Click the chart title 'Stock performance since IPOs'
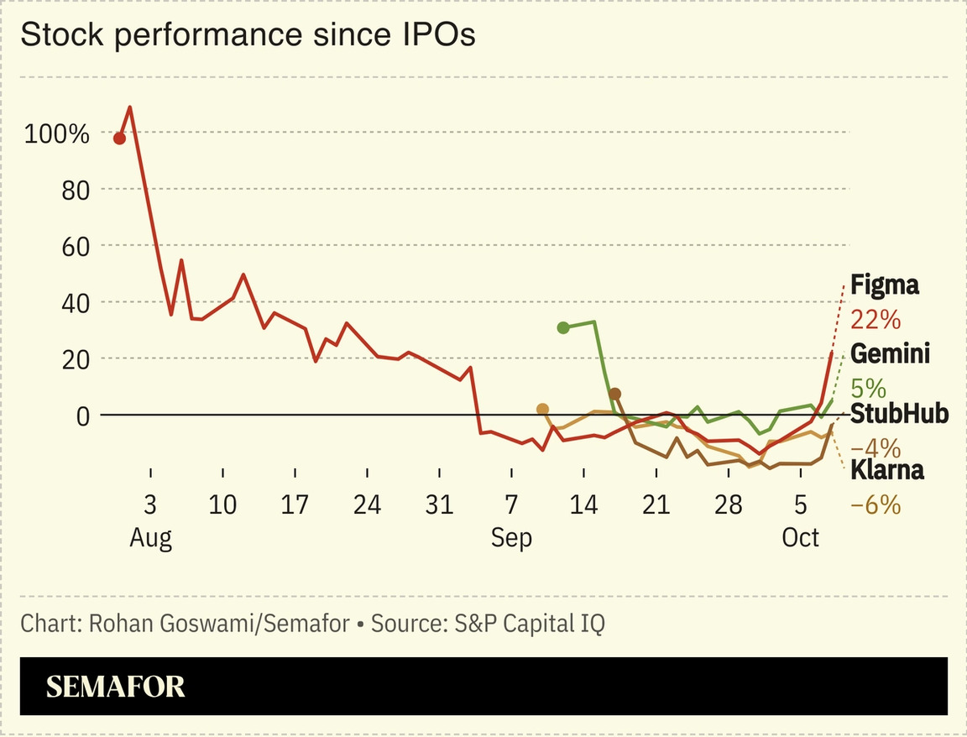[x=248, y=35]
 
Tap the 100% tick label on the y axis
[x=56, y=133]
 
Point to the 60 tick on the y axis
[x=74, y=246]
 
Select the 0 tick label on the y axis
[x=81, y=415]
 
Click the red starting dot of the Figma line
[x=119, y=139]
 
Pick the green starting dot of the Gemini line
[x=562, y=327]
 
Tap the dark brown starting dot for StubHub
[x=614, y=395]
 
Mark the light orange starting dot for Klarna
[x=542, y=409]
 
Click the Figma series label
[x=884, y=285]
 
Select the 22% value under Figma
[x=875, y=320]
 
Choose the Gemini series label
[x=890, y=354]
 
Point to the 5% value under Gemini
[x=868, y=388]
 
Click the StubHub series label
[x=899, y=414]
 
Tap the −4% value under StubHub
[x=875, y=447]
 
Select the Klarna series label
[x=887, y=470]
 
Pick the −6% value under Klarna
[x=875, y=504]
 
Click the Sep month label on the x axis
[x=511, y=537]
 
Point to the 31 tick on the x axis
[x=439, y=505]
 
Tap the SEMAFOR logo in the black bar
[x=115, y=687]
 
